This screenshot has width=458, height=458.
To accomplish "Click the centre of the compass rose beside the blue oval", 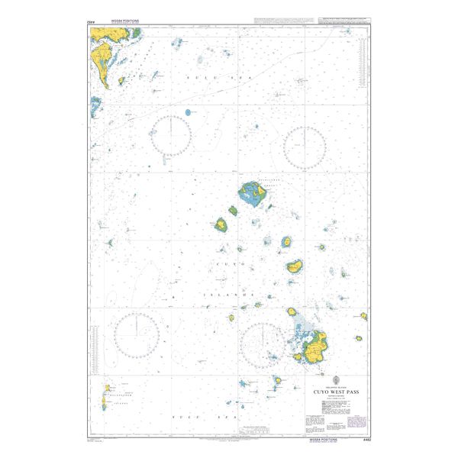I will pos(170,135).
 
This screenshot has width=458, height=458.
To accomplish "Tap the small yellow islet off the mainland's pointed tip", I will pos(95,101).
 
